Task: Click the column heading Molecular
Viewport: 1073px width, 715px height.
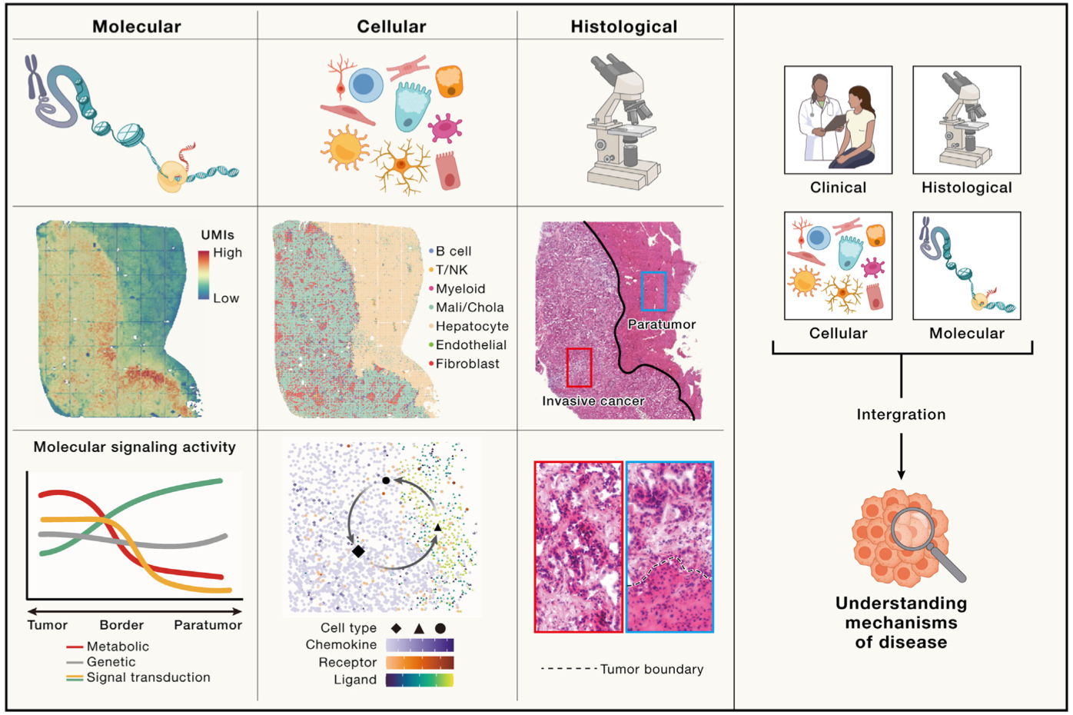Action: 137,27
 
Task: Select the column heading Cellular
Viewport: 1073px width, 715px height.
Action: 391,27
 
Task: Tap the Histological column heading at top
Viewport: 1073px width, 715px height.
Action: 623,27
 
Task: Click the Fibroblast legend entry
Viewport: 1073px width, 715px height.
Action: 467,364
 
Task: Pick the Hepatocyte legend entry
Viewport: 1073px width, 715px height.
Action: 471,326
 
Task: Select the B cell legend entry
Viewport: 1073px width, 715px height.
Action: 453,251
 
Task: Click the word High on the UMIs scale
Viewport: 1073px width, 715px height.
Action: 228,252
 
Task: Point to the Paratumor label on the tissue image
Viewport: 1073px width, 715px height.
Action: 661,324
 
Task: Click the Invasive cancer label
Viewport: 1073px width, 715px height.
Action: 593,401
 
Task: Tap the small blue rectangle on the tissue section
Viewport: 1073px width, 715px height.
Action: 653,291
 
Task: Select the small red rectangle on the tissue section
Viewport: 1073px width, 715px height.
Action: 579,367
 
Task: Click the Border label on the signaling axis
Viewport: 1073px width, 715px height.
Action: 121,625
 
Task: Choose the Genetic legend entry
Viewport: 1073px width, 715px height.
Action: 111,662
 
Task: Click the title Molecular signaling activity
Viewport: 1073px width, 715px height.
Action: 135,447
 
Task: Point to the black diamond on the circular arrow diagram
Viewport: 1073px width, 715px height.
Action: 358,551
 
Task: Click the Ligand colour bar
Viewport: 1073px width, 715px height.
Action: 420,680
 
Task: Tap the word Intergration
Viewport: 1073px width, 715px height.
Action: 901,414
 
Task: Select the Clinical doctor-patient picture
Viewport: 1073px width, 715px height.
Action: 838,120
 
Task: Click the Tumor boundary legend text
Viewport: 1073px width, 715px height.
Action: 651,669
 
